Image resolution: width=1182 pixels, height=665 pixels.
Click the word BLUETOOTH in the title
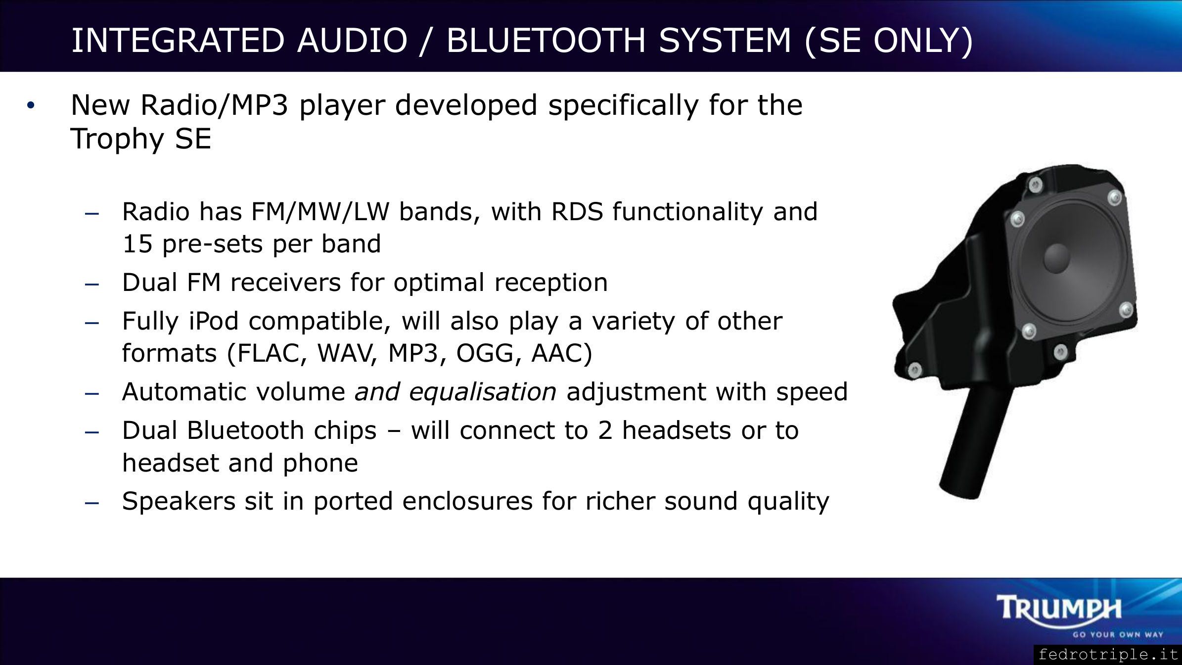click(x=546, y=40)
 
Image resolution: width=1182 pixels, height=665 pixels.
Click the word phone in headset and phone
click(x=320, y=464)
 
